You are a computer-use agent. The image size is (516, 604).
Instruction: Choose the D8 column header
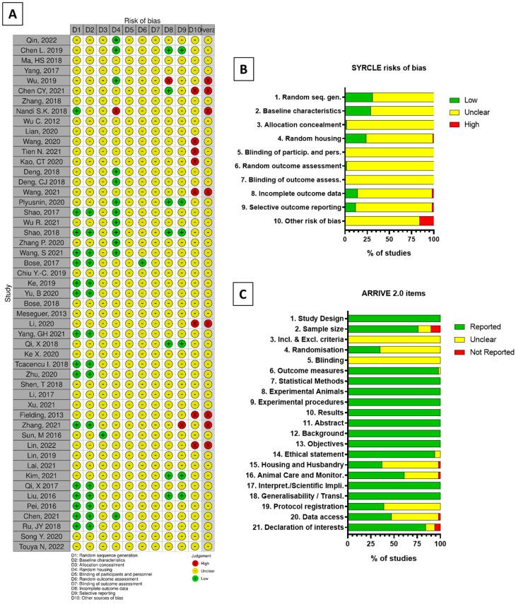point(168,30)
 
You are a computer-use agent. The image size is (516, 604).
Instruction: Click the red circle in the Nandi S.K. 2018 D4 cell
point(115,112)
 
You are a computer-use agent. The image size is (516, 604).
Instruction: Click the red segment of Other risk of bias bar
point(426,221)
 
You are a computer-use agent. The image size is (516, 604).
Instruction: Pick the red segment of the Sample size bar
point(435,328)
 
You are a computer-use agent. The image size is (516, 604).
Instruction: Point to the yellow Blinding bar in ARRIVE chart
point(394,360)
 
